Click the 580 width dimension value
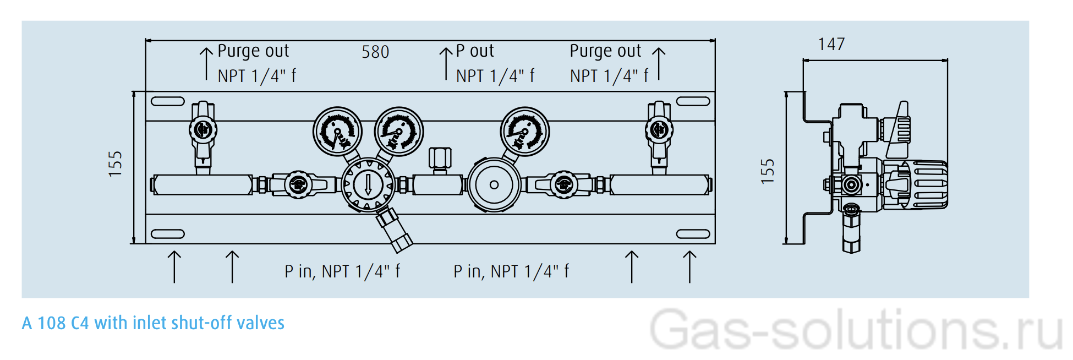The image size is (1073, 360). tap(375, 52)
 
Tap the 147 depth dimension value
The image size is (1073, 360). tap(831, 44)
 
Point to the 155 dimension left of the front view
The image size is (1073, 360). tap(115, 164)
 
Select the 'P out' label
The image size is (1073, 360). tap(475, 51)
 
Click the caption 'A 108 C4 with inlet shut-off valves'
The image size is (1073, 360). tap(153, 323)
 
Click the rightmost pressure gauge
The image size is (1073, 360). tap(524, 132)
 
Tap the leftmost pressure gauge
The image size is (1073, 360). tap(337, 132)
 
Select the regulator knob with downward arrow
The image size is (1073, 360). tap(368, 185)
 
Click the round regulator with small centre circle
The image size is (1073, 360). tap(494, 185)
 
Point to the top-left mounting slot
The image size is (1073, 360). tap(167, 101)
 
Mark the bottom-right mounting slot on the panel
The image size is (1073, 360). tap(693, 234)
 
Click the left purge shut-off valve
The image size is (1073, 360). tap(203, 132)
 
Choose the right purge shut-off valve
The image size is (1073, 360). tap(659, 132)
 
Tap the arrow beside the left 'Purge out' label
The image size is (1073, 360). tap(206, 63)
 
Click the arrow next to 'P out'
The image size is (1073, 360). tap(446, 63)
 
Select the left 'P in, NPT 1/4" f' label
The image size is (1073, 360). tap(342, 271)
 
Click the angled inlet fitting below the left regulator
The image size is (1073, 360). tap(395, 230)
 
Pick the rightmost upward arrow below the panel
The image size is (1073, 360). tap(689, 267)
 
